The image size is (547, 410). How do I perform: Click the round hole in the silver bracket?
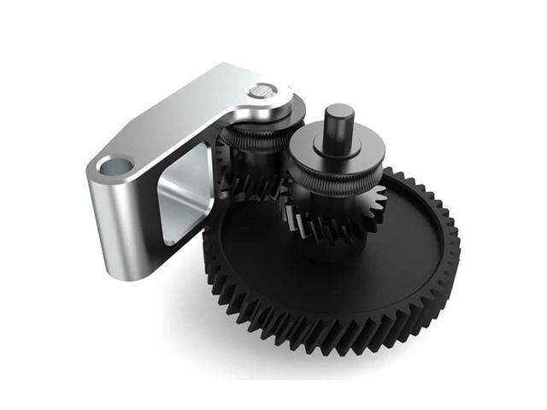113,164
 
